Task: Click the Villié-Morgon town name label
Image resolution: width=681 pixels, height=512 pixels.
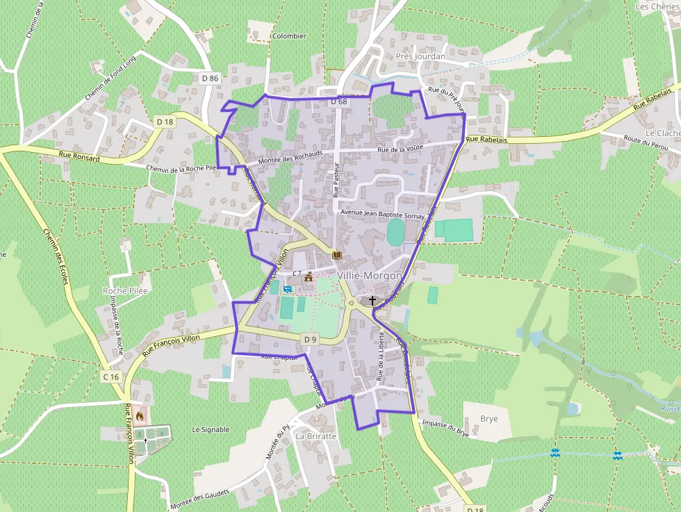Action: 369,275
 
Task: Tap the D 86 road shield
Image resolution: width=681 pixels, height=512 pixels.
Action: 210,79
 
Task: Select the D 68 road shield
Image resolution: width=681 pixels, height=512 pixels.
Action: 338,101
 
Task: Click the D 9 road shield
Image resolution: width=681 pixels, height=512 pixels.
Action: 310,339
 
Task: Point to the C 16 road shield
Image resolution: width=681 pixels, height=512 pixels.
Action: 110,377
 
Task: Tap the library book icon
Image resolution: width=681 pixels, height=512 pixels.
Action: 337,256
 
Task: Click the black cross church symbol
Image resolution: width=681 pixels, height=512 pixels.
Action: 372,301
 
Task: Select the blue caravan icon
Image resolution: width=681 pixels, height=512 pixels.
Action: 287,288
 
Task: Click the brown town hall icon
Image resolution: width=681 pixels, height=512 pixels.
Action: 309,277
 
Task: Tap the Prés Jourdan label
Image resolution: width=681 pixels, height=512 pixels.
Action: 420,56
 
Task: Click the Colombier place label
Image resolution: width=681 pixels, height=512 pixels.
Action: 289,36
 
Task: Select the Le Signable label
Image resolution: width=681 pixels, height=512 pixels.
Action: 211,429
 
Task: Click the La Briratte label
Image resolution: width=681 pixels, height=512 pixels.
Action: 316,436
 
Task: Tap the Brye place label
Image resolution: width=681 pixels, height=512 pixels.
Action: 489,419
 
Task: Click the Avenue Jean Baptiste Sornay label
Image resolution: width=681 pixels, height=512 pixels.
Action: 381,211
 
